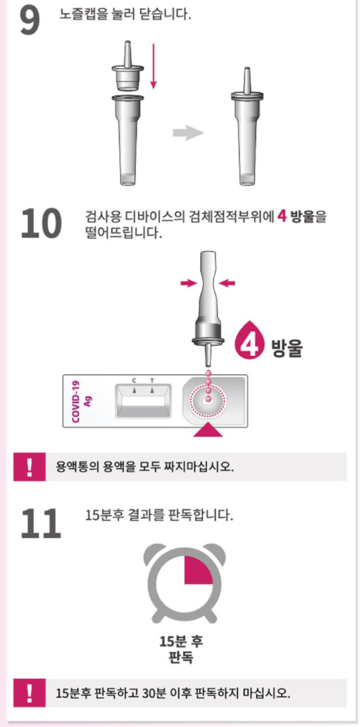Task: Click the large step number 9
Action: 30,21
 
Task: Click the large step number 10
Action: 41,223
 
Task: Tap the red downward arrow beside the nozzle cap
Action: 153,65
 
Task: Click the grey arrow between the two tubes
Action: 189,133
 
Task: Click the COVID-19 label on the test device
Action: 76,401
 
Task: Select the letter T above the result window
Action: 152,381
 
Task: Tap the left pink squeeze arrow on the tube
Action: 189,284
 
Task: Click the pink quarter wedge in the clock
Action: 198,570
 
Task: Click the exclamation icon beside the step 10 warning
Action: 30,466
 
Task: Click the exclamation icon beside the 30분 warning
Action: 30,693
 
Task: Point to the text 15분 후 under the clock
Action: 182,642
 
